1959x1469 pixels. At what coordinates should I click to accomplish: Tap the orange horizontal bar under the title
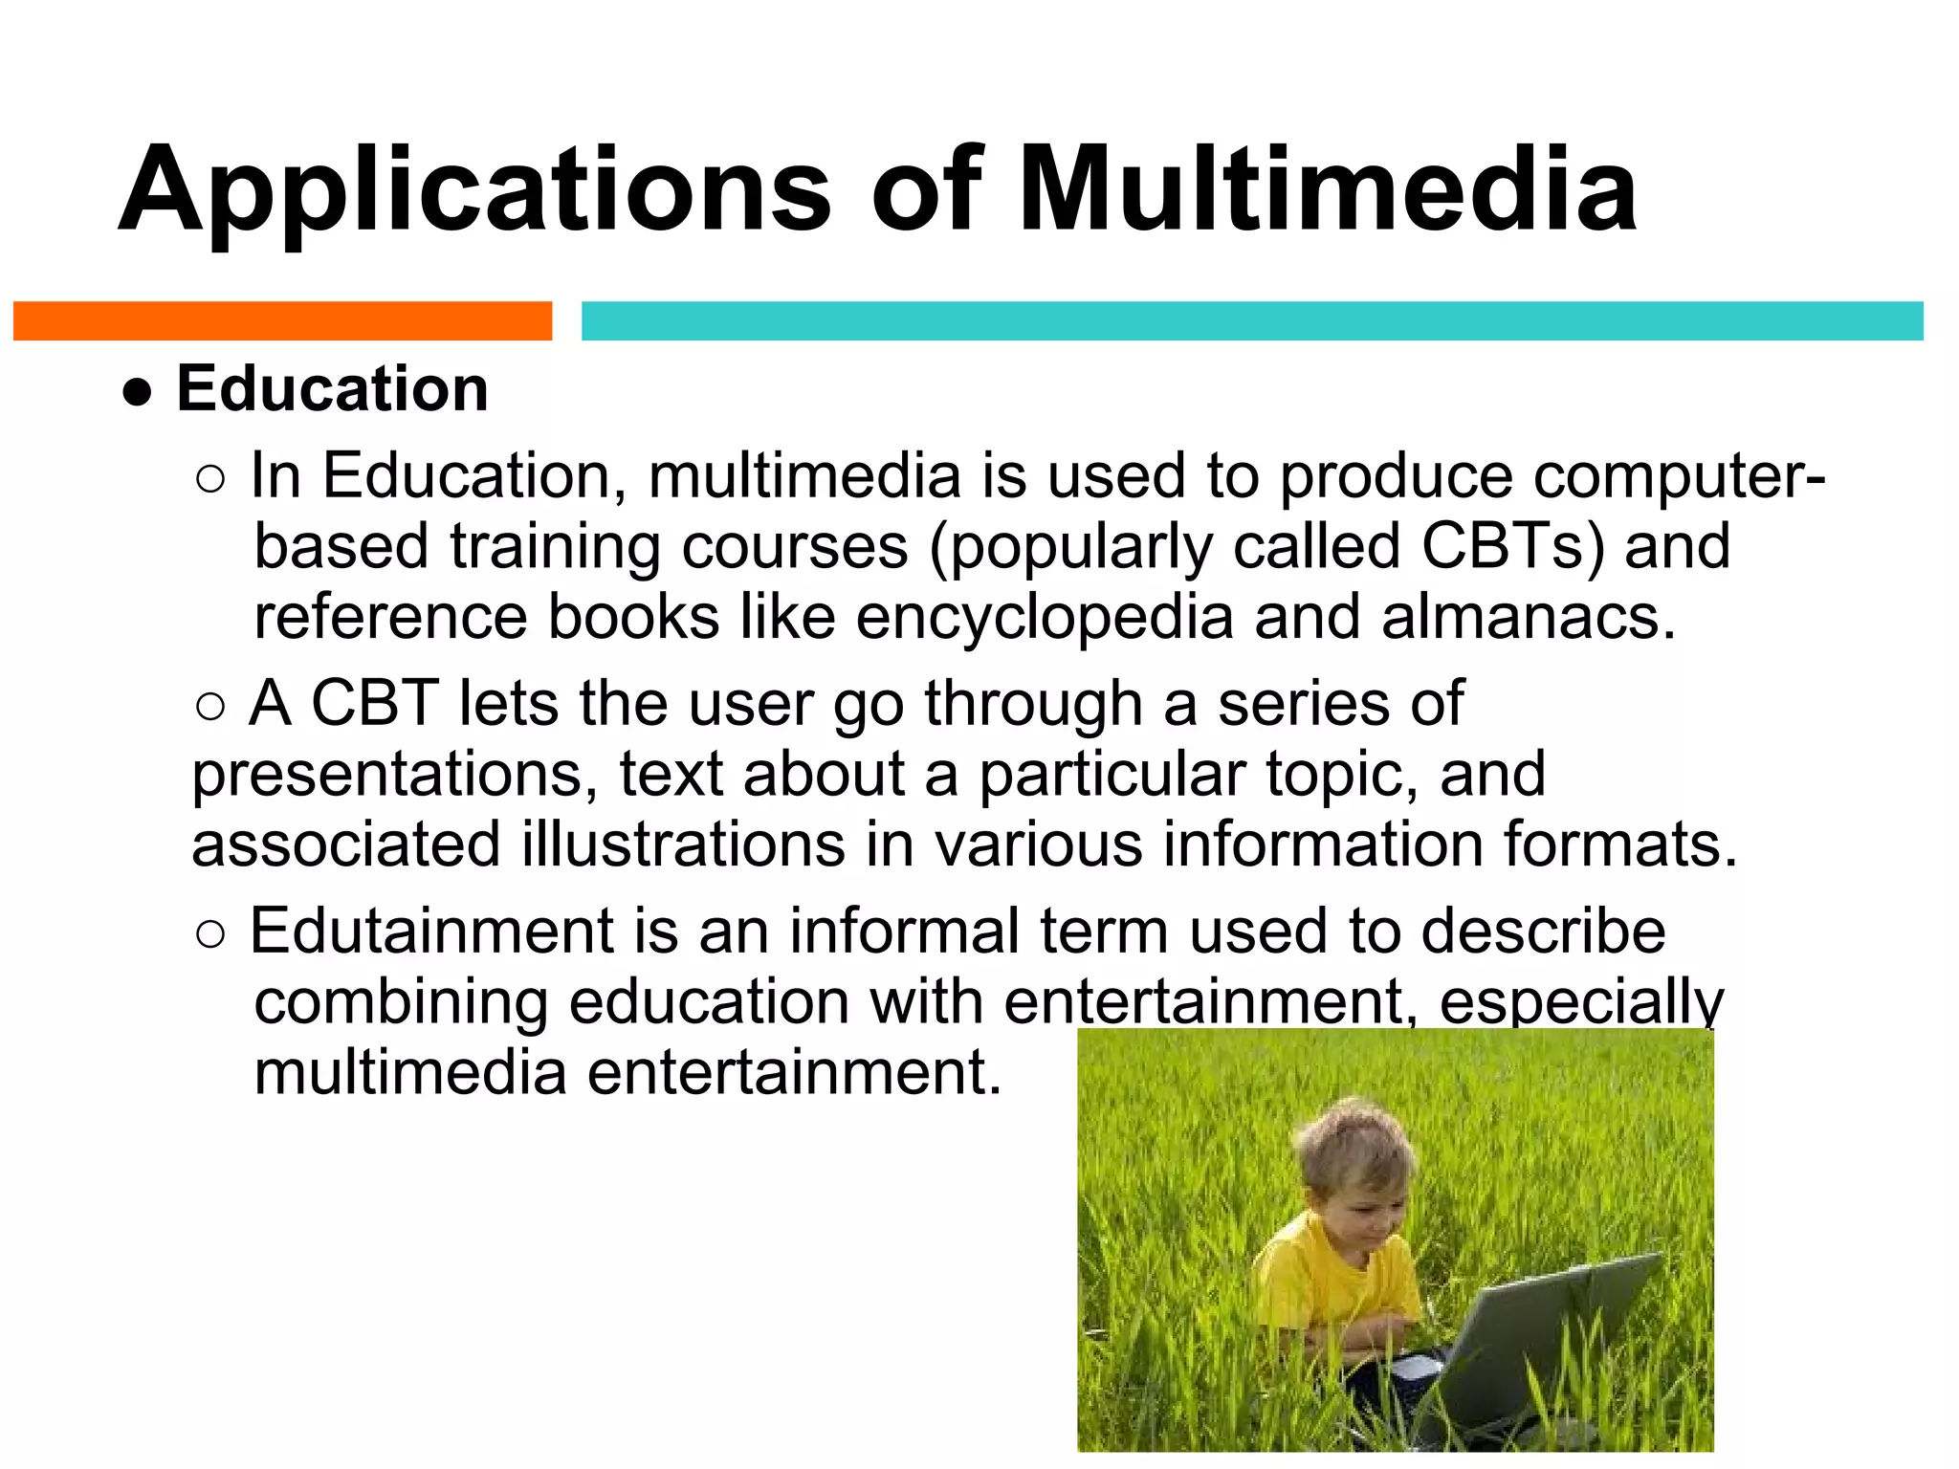282,320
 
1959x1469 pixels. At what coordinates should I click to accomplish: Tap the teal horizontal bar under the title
1252,320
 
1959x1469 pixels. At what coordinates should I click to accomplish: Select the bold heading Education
332,389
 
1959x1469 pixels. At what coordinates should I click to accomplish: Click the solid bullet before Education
138,392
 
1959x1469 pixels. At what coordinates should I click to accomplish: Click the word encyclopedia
1045,617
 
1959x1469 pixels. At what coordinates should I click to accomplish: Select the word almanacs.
1528,617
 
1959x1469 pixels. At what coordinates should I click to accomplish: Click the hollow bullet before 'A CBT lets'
209,707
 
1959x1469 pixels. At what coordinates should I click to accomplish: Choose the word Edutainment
431,931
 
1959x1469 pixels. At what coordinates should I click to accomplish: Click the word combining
401,1001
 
